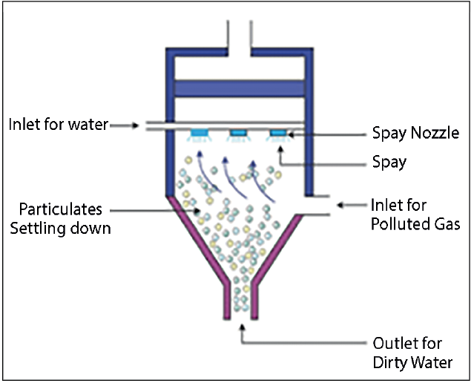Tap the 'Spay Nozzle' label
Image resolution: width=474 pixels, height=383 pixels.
click(x=417, y=134)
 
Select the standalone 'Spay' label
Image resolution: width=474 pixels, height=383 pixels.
click(x=389, y=161)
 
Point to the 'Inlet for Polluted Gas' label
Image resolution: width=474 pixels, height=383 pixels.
click(x=415, y=214)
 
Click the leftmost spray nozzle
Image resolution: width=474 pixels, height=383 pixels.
click(x=200, y=134)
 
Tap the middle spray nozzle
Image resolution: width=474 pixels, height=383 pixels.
click(x=239, y=134)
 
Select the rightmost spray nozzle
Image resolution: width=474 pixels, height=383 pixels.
click(x=277, y=134)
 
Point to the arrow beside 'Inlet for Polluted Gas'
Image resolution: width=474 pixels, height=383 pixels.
click(x=349, y=205)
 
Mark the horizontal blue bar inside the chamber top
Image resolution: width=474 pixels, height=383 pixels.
click(x=239, y=87)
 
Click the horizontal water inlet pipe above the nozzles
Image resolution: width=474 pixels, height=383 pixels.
click(x=223, y=125)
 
